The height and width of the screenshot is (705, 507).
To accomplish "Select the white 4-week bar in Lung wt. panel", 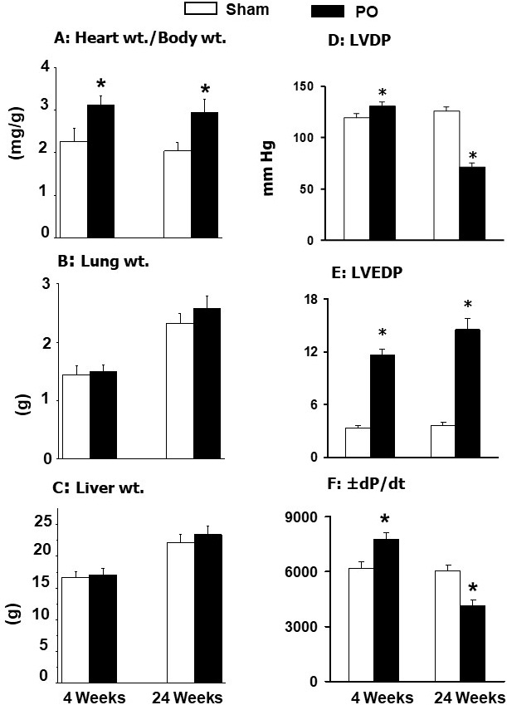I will coord(76,416).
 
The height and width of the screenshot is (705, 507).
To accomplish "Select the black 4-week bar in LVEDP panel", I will coord(383,405).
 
